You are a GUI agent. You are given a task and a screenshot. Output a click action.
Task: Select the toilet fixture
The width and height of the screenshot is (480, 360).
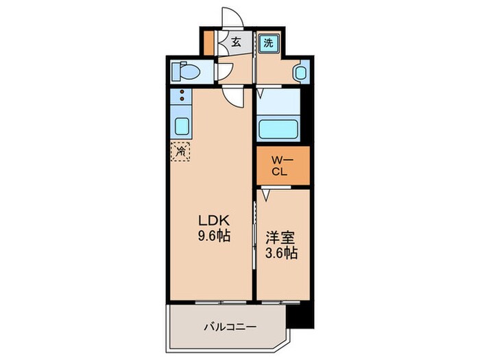pyautogui.click(x=185, y=71)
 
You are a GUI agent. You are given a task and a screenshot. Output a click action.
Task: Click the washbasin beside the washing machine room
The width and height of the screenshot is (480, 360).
pyautogui.click(x=300, y=71)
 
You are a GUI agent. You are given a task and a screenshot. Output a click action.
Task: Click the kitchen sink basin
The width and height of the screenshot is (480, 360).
pyautogui.click(x=182, y=127)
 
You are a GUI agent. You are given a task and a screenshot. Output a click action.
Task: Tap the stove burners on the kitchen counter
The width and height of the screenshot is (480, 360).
pyautogui.click(x=182, y=95)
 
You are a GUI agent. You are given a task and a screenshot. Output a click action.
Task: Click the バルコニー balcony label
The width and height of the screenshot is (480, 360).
pyautogui.click(x=230, y=308)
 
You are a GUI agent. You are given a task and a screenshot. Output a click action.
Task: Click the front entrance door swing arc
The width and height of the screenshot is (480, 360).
pyautogui.click(x=233, y=16)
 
